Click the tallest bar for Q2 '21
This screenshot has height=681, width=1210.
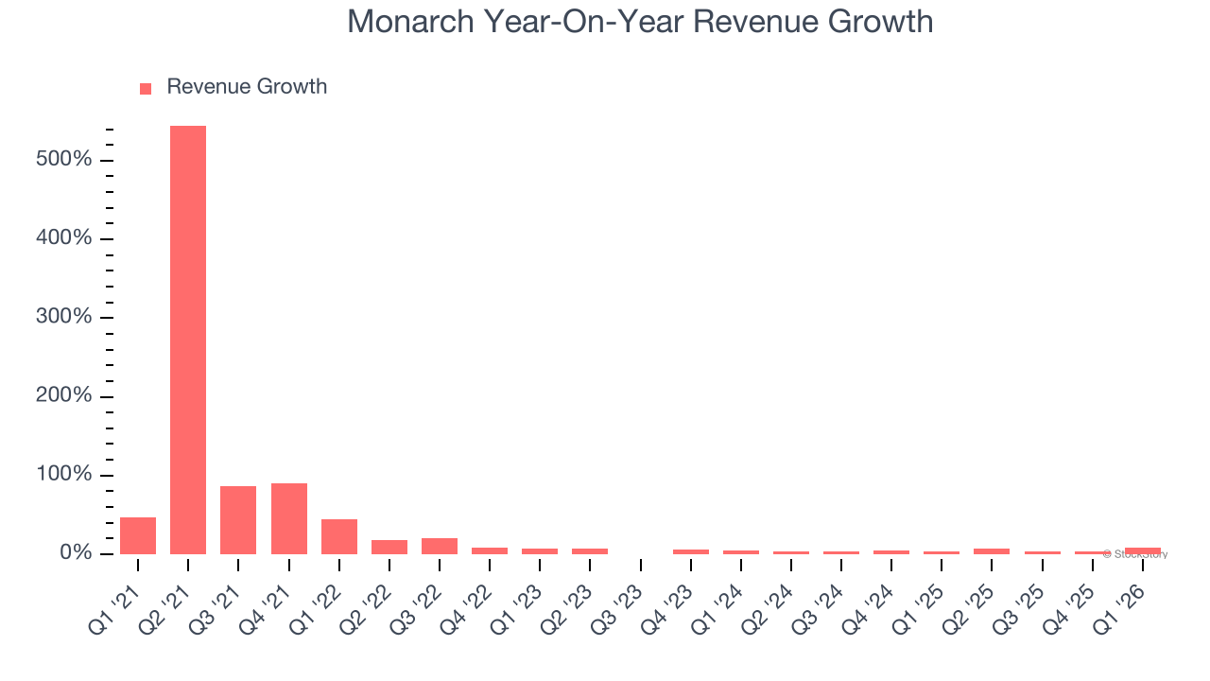click(188, 340)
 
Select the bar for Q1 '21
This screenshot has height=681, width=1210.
click(138, 535)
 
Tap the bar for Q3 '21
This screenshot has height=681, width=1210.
click(238, 519)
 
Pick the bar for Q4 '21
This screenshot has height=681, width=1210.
click(289, 518)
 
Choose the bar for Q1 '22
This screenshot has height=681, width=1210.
click(339, 536)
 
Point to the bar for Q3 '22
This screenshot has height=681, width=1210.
click(440, 546)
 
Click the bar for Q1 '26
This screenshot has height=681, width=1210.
click(1143, 550)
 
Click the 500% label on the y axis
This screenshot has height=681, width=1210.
click(64, 160)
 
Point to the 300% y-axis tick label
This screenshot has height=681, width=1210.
click(64, 317)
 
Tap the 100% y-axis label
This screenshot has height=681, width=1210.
click(64, 474)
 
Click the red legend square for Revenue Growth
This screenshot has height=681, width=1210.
click(146, 89)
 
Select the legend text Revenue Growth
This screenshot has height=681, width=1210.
click(247, 87)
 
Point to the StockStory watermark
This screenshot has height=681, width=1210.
click(1135, 554)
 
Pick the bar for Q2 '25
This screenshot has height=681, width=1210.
click(992, 550)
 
